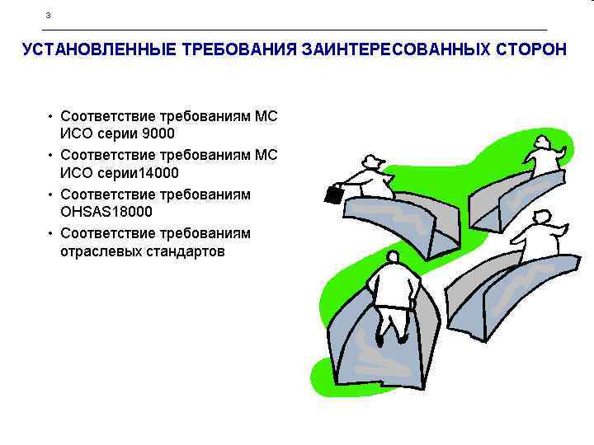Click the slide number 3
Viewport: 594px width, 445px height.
point(49,16)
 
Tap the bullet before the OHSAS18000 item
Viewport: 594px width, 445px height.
point(50,194)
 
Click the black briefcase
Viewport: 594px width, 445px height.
point(334,194)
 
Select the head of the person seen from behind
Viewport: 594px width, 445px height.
point(394,260)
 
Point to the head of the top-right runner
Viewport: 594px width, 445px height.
point(542,143)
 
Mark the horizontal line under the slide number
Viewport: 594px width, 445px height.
point(297,30)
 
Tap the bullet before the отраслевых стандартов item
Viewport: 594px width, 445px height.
point(50,233)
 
